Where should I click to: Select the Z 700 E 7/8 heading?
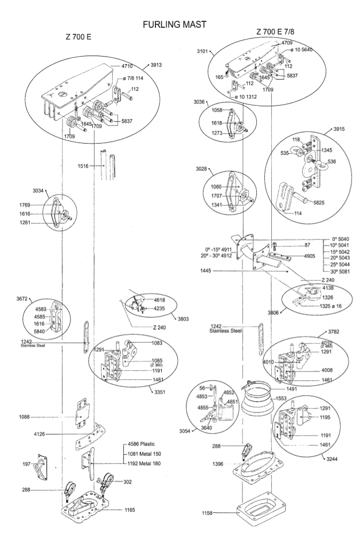point(278,32)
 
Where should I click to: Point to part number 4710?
point(127,66)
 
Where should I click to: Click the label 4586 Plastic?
point(144,444)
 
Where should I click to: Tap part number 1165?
point(127,510)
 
